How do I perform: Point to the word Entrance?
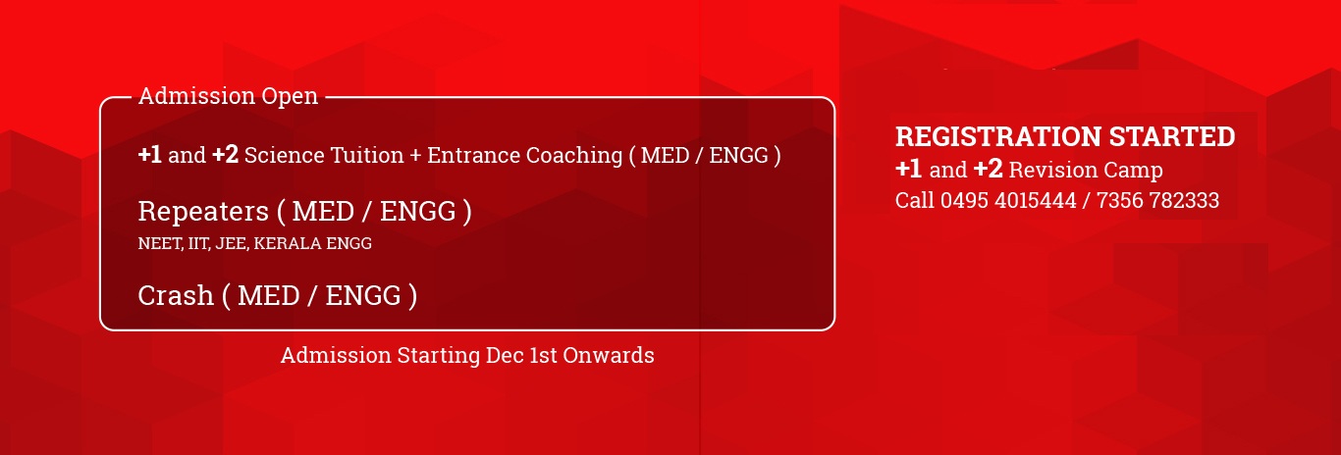click(473, 156)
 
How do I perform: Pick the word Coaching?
click(574, 157)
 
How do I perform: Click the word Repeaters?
click(203, 212)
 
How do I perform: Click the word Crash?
click(176, 295)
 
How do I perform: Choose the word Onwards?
click(609, 356)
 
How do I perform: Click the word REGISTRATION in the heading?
click(998, 137)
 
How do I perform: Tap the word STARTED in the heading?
click(1172, 137)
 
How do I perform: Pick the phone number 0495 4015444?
click(1008, 200)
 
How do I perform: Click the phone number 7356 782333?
click(1157, 200)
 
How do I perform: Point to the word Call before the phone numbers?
click(915, 200)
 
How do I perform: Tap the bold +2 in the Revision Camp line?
click(988, 170)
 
